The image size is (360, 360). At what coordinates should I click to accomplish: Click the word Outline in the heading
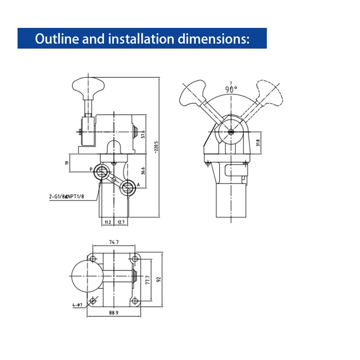(53, 39)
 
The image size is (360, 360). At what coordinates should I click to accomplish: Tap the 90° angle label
(231, 89)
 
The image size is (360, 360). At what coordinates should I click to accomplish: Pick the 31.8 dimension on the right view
(257, 143)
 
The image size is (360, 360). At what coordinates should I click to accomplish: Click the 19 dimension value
(67, 163)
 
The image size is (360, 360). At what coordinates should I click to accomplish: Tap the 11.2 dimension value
(107, 222)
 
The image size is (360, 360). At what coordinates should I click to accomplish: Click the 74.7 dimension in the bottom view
(114, 242)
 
